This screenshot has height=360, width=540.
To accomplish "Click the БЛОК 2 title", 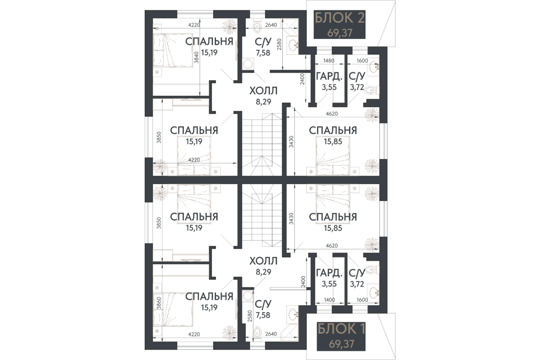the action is coord(339,18).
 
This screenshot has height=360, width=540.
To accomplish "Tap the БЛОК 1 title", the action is coord(341,329).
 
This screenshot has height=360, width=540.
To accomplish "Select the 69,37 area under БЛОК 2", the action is coord(340,33).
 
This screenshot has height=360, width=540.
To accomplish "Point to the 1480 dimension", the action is coord(329,61).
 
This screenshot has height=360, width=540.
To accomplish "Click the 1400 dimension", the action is coord(329,300).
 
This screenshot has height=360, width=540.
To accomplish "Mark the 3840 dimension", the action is coord(196,57).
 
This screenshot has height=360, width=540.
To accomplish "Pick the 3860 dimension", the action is coord(159,303).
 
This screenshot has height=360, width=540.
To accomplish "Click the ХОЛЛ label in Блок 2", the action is coord(263,91).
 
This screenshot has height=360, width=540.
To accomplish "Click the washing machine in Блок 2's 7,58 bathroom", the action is coord(247,64).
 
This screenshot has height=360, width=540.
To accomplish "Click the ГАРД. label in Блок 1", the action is coord(329,273).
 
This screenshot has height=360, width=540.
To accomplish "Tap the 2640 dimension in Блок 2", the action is coord(271,25).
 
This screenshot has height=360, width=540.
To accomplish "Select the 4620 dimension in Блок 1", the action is coord(331,246).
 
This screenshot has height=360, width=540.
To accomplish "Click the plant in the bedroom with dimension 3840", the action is coord(229,27).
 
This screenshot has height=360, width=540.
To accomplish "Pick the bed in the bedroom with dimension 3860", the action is coord(173,309).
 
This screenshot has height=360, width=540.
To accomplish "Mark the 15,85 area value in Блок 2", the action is coord(333,142).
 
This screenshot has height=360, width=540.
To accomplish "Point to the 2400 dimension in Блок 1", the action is coord(304,282).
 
